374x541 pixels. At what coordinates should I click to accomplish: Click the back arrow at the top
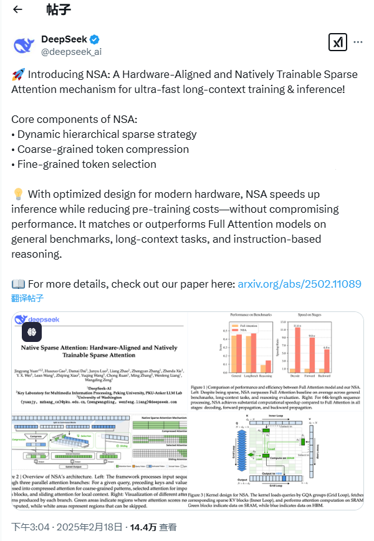17,9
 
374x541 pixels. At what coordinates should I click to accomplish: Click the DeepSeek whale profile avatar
25,46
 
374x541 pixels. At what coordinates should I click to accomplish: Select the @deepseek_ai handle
71,52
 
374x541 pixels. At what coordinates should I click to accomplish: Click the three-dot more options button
358,42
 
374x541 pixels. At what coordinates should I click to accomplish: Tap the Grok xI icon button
337,42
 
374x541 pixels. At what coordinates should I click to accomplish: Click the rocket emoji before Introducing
17,74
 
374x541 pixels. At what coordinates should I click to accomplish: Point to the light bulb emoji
17,193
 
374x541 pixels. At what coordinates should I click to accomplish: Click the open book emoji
17,284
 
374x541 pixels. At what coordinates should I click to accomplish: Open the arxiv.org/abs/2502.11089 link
299,284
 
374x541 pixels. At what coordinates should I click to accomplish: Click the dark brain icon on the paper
32,331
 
